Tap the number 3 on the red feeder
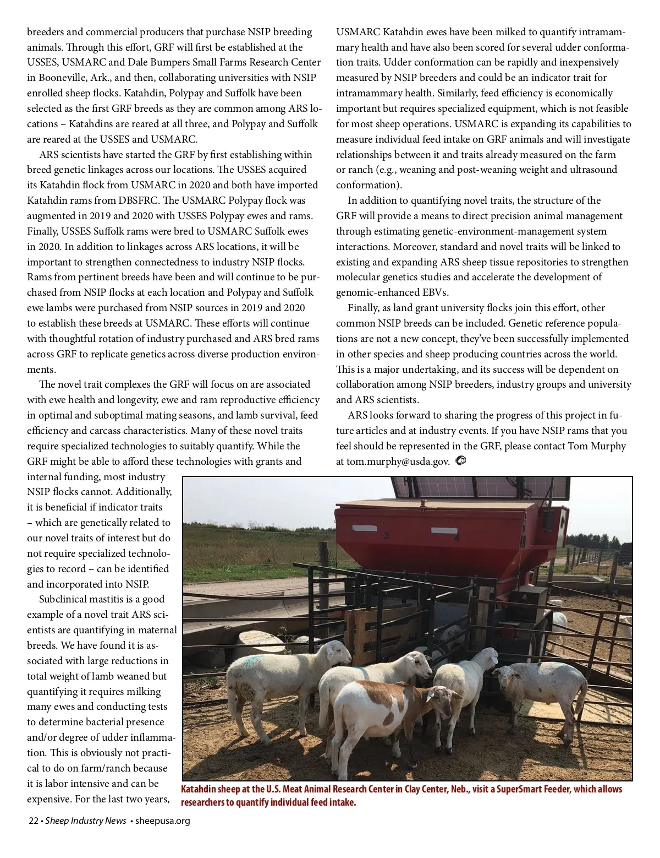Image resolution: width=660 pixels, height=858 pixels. point(387,535)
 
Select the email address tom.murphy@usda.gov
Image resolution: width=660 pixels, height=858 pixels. point(393,461)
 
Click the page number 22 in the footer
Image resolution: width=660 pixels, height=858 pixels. point(33,821)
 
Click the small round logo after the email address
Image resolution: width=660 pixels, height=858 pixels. point(461,460)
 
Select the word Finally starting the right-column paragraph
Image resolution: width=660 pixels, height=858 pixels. point(366,308)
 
